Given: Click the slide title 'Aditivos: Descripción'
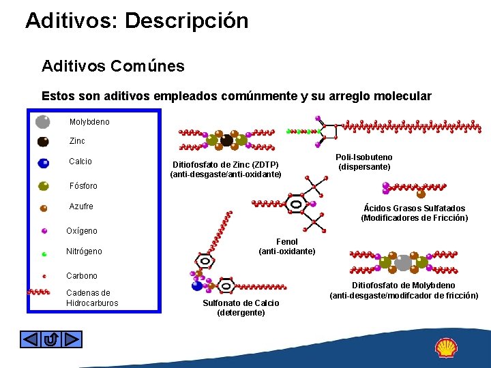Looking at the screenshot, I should [136, 20].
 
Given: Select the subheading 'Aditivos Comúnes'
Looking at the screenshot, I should [113, 66].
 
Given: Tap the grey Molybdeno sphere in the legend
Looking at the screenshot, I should [42, 122].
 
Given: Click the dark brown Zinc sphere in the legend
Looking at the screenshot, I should [42, 142].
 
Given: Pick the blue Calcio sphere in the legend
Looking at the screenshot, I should [43, 163].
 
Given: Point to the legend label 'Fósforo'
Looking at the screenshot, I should [83, 186].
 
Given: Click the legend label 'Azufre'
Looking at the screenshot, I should [81, 206].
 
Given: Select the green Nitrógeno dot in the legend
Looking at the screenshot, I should [44, 254].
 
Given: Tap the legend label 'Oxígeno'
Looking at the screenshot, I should [82, 231].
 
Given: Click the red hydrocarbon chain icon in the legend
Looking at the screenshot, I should [38, 292].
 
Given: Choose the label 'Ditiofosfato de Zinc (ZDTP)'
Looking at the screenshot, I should [225, 165].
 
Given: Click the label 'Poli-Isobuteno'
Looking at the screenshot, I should [364, 157].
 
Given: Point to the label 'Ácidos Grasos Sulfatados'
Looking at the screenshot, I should [415, 209].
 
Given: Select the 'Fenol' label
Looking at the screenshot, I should [286, 242].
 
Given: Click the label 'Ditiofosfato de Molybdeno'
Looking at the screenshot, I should [404, 286].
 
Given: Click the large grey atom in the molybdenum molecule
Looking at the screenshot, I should [403, 262].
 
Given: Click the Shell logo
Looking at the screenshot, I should [446, 348].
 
